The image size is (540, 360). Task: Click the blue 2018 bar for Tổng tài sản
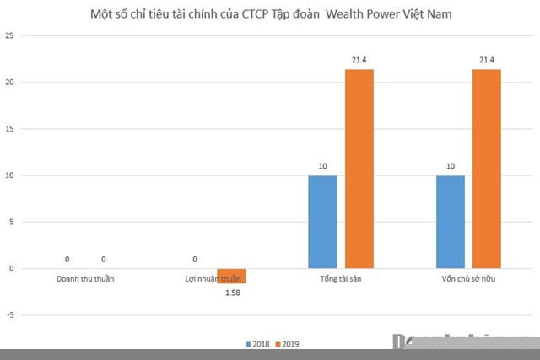322,222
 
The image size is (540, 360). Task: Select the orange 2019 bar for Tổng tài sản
359,169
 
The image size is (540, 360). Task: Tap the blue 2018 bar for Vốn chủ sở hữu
451,222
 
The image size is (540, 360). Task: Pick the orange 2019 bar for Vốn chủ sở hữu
487,169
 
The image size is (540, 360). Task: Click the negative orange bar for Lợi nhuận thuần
231,276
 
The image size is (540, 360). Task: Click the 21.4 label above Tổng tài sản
359,60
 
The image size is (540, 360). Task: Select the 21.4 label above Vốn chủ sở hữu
487,60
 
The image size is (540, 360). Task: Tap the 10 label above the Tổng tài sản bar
322,166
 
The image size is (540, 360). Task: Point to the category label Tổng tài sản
340,278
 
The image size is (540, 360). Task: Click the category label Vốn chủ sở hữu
468,278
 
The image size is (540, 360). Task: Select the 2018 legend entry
259,344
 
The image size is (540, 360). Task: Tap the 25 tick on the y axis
9,36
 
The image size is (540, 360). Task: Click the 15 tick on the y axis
9,129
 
